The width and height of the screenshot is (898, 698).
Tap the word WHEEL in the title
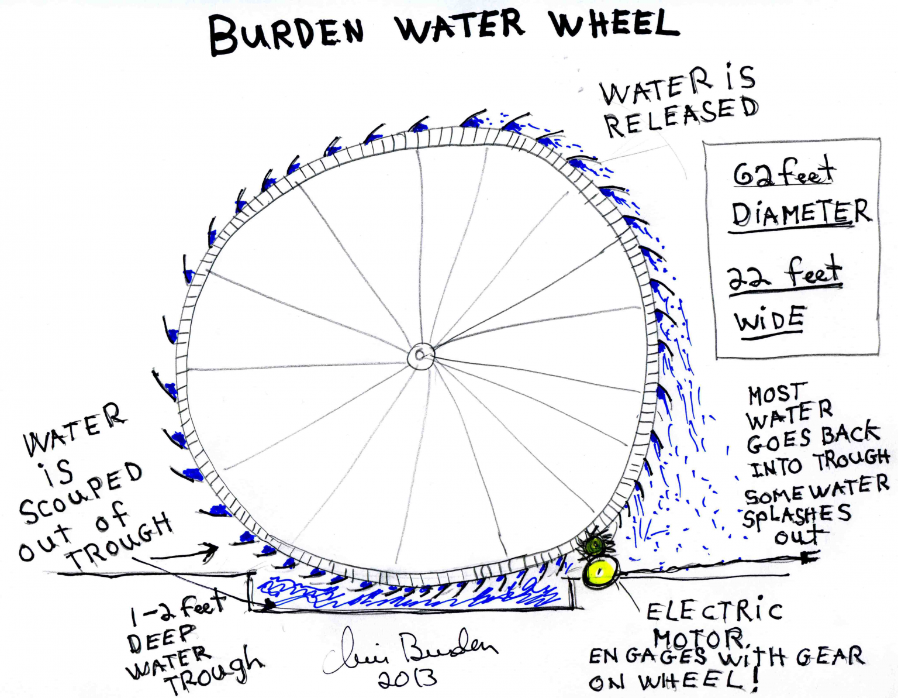click(614, 25)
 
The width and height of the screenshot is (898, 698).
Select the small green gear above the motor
click(595, 545)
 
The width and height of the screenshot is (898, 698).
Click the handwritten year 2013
click(407, 678)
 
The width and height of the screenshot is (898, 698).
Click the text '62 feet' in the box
click(783, 171)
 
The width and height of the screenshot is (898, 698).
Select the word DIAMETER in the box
click(800, 214)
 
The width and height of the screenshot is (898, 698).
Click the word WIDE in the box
click(769, 321)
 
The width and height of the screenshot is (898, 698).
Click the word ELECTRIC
click(713, 611)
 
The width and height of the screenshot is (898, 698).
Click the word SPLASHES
click(797, 516)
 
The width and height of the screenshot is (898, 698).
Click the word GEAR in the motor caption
click(830, 656)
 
